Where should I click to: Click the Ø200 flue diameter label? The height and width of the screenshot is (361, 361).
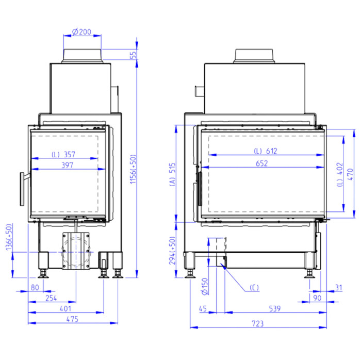click(81, 32)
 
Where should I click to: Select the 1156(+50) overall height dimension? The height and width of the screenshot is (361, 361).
click(133, 169)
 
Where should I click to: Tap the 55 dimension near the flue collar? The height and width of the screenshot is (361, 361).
click(133, 55)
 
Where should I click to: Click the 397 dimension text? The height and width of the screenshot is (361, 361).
click(67, 165)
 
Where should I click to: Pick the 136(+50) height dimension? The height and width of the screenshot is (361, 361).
click(9, 237)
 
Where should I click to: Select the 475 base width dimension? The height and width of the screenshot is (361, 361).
click(72, 319)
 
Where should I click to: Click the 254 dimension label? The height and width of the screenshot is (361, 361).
click(51, 298)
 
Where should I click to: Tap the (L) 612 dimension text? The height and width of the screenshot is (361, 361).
click(266, 151)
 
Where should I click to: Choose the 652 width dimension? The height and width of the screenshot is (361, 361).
click(262, 163)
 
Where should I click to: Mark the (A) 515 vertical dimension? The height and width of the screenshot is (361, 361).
click(172, 174)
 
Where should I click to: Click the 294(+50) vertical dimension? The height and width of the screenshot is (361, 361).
click(172, 251)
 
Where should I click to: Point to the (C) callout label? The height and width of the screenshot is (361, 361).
click(254, 288)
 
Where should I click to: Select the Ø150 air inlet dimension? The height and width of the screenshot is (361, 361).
click(205, 286)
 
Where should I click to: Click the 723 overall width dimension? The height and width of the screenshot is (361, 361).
click(258, 324)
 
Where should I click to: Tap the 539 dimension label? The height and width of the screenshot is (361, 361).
click(275, 309)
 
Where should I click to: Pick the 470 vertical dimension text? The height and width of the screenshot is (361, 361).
click(350, 174)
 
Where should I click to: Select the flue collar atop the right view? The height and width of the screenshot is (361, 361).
click(254, 56)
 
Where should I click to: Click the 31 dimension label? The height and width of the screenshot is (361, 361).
click(339, 288)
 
